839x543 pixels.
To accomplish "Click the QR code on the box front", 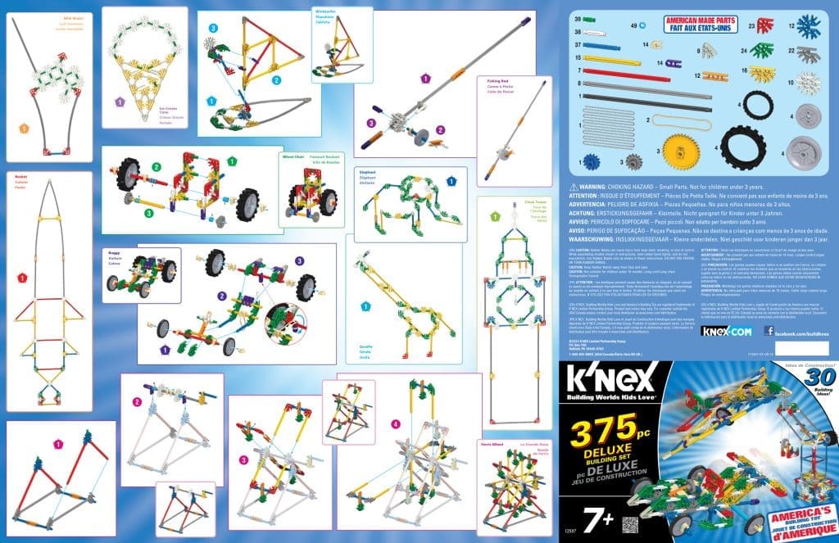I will [x=628, y=525].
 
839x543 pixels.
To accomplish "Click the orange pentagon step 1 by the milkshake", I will [x=25, y=129].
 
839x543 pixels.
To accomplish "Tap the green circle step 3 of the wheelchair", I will [x=149, y=213].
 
